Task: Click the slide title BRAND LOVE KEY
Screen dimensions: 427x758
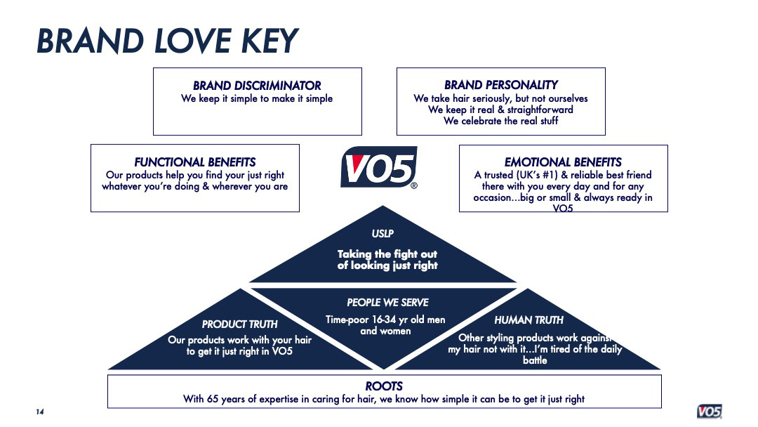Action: pos(168,41)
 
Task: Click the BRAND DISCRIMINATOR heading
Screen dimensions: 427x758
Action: pos(257,86)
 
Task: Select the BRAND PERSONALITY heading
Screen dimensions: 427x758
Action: pos(500,85)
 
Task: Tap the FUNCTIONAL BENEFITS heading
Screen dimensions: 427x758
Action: pos(194,162)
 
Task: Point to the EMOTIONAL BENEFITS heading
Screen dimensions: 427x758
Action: pos(563,162)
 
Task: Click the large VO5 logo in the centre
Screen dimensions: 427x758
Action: pos(378,168)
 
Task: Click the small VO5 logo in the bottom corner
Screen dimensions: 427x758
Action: pos(709,412)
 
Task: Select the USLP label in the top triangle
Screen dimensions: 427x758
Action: pos(383,234)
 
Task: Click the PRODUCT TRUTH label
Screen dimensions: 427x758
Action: pos(239,324)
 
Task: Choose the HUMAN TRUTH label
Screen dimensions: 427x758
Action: pos(528,320)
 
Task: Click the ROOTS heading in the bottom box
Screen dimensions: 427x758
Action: pos(384,386)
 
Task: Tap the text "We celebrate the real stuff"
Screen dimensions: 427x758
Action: pos(500,121)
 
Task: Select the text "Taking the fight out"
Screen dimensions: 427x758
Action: pos(387,254)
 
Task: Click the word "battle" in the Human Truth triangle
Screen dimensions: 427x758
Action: pos(535,360)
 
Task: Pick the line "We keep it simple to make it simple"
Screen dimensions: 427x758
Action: pos(257,98)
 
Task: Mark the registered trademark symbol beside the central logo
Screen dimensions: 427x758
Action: pos(413,186)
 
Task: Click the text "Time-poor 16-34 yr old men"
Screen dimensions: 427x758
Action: pos(385,320)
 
